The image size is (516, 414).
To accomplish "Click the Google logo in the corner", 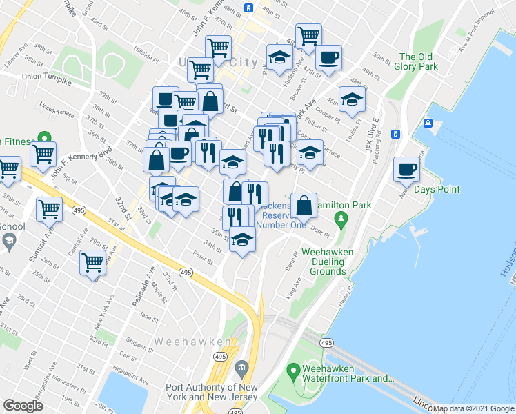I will coord(23,406).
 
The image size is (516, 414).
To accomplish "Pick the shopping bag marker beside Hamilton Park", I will coord(304,205).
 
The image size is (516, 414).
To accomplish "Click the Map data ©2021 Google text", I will coord(473,408).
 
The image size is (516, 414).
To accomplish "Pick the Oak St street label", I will coord(128,355).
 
